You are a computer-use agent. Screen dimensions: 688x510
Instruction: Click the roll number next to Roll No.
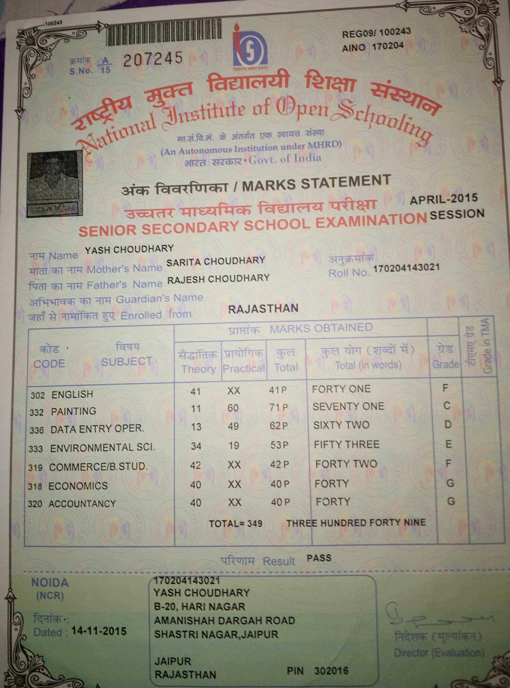point(406,267)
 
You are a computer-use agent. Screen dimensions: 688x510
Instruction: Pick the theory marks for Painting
point(196,409)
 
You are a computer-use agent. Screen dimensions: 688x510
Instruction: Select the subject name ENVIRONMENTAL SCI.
point(102,448)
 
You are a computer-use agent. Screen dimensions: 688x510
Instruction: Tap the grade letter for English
point(445,388)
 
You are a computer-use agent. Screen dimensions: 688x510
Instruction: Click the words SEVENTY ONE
point(348,406)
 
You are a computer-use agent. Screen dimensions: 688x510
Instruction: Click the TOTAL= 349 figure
point(236,523)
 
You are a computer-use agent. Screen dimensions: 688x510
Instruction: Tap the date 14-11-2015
point(99,631)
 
